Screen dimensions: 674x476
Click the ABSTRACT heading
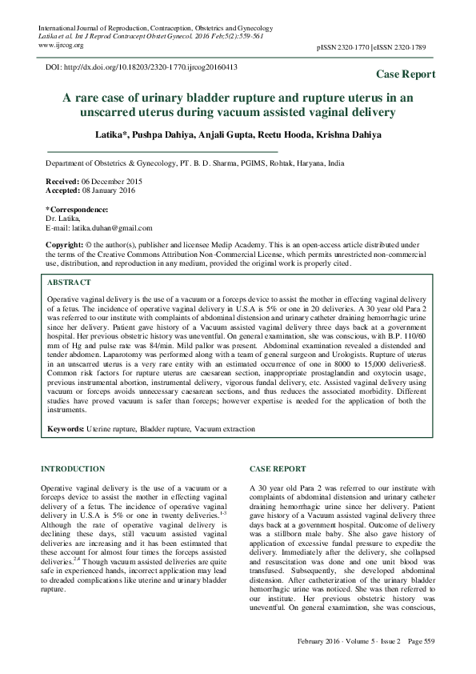coord(70,283)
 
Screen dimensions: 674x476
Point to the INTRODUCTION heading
coord(73,468)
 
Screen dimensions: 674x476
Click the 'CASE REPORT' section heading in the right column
coord(277,468)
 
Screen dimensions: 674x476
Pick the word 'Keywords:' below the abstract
coord(66,429)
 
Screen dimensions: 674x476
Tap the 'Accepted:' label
coord(64,192)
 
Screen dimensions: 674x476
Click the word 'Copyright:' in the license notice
coord(65,243)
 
